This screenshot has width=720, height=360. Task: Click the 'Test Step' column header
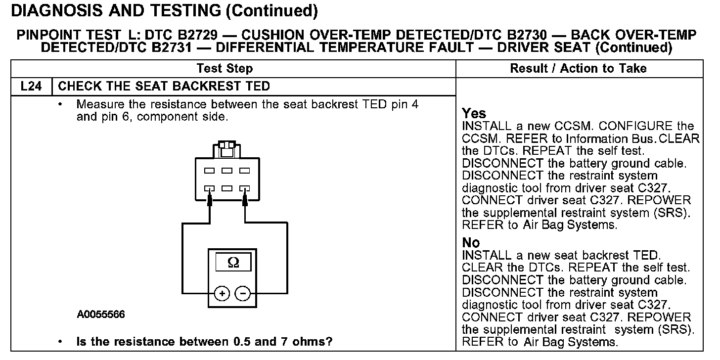point(225,68)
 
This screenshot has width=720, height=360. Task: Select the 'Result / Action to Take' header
point(578,68)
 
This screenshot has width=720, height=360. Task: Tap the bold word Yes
point(474,113)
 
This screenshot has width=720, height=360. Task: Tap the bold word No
point(471,243)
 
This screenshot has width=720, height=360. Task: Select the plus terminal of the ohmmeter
point(223,293)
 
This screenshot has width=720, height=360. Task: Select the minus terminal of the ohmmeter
point(242,293)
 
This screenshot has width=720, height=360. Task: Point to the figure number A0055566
point(100,315)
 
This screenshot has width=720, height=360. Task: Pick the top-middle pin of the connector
point(226,171)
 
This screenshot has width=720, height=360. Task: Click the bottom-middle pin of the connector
point(226,188)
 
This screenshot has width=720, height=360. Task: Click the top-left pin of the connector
point(209,171)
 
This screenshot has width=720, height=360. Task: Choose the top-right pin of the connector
point(244,171)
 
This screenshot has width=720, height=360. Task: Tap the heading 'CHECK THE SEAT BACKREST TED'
point(164,86)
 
